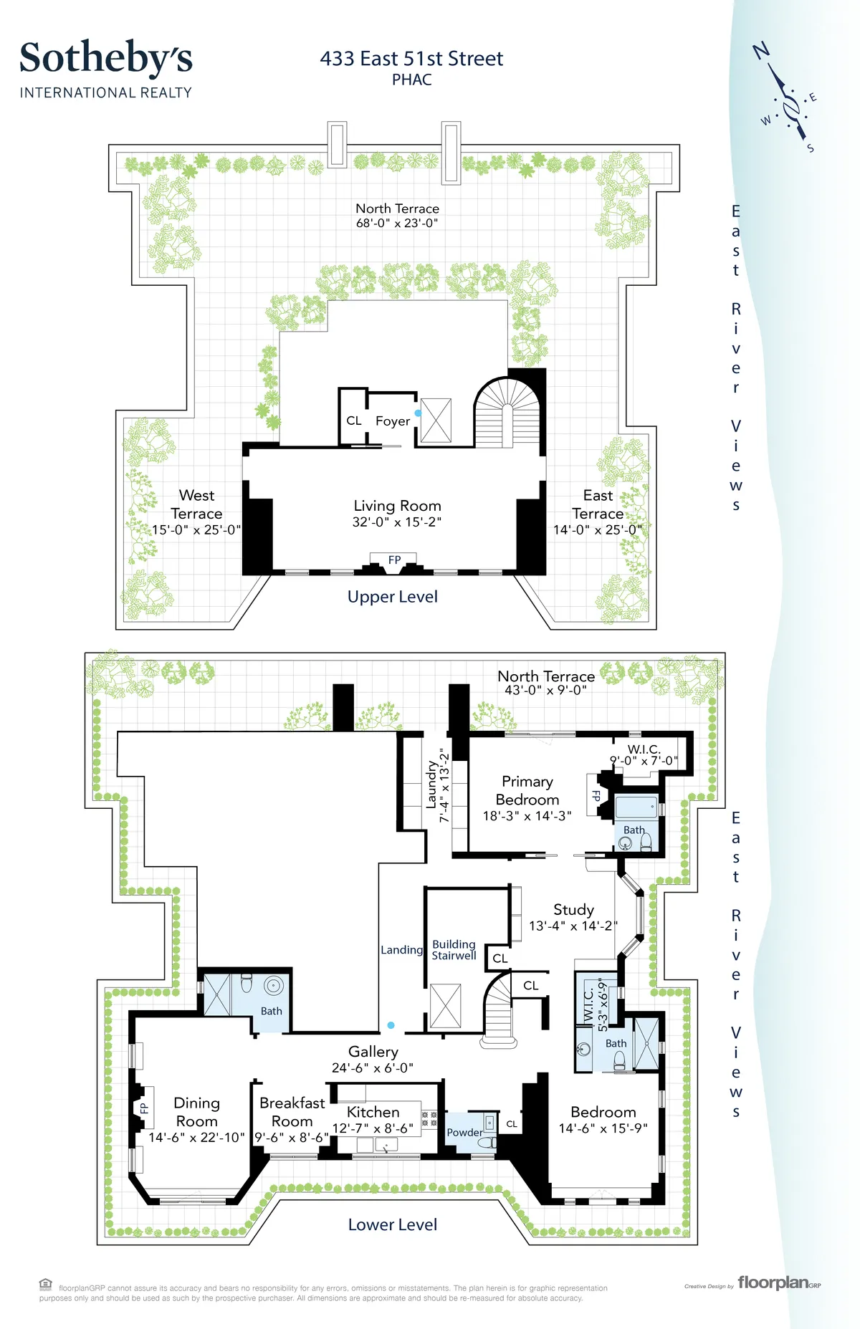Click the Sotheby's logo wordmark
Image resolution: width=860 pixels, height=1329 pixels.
pos(106,59)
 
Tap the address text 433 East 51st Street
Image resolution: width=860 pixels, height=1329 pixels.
pos(411,59)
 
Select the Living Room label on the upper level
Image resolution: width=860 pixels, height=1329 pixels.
pos(397,506)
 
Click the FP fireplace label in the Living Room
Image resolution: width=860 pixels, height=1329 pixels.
pos(394,560)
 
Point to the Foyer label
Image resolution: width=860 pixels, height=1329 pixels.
pos(393,421)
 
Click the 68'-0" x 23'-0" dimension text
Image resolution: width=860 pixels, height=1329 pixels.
pos(397,224)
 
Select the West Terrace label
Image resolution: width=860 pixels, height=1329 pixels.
pos(196,504)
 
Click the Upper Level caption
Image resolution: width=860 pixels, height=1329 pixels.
pos(392,597)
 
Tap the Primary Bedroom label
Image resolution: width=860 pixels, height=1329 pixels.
pos(527,790)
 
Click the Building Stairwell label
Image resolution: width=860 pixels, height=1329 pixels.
pos(454,950)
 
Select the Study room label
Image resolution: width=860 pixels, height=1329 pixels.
pos(573,910)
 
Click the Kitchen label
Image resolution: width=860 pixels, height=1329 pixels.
pos(373,1112)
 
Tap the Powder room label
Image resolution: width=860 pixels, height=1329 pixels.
pos(464,1133)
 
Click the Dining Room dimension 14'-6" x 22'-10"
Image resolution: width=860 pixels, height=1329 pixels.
pos(196,1138)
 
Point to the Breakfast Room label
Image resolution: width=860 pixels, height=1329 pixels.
pos(292,1112)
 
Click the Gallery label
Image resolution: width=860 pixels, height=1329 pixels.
pos(373,1052)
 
